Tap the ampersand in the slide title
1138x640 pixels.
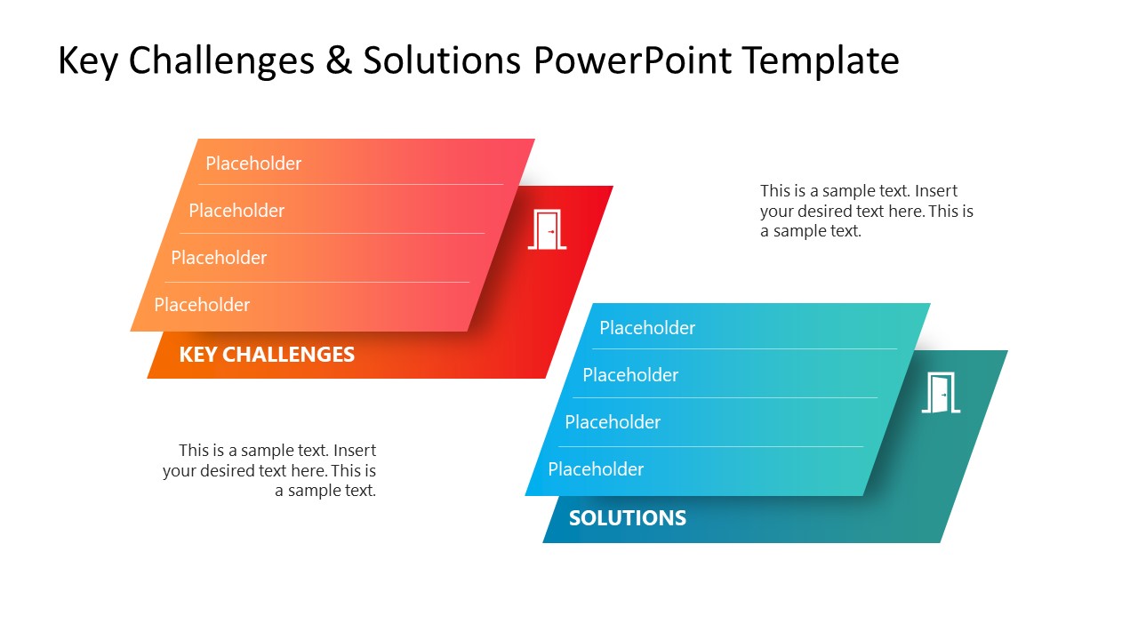(339, 61)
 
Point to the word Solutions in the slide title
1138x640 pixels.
(442, 61)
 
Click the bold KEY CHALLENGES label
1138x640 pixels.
(267, 355)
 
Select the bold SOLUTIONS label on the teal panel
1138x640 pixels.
(627, 518)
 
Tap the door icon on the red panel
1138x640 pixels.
(547, 229)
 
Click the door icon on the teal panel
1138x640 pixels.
(941, 393)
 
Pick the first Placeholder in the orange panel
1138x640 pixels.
(253, 164)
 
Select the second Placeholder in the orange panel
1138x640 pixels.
(236, 211)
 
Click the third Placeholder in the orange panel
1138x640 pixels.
(219, 258)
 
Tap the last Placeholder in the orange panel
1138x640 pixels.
(202, 305)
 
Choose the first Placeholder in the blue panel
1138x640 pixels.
(647, 328)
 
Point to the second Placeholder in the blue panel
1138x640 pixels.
(630, 375)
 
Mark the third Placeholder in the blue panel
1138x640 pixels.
(613, 422)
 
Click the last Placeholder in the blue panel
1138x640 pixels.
(596, 469)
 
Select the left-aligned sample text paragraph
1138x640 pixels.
(866, 211)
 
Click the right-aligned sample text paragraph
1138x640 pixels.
(269, 470)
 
